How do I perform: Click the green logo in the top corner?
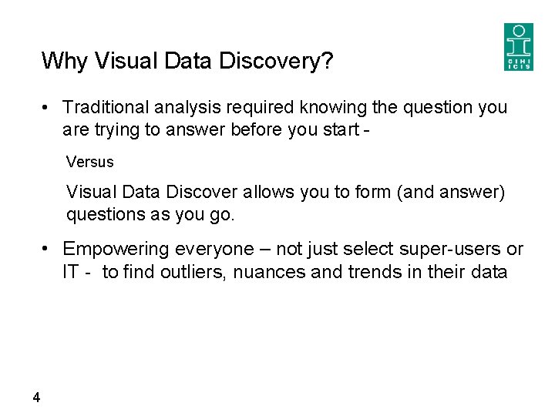pyautogui.click(x=518, y=47)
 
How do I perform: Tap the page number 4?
pyautogui.click(x=36, y=398)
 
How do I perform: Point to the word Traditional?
pyautogui.click(x=103, y=107)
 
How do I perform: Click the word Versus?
pyautogui.click(x=89, y=163)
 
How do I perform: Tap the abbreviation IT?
pyautogui.click(x=71, y=271)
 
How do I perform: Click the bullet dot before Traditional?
pyautogui.click(x=47, y=107)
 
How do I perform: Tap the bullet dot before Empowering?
pyautogui.click(x=47, y=249)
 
